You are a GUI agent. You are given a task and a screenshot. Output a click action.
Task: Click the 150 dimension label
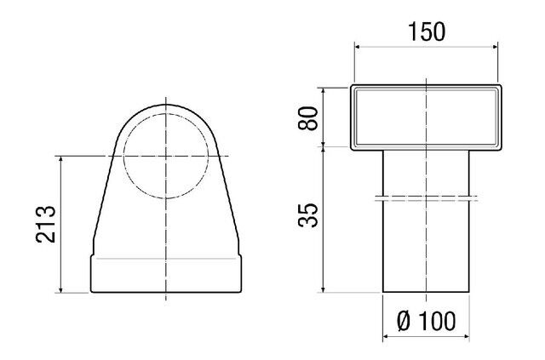tap(427, 31)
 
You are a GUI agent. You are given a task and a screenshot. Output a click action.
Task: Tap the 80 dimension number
tap(308, 118)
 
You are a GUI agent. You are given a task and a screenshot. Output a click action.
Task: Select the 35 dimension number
tap(308, 215)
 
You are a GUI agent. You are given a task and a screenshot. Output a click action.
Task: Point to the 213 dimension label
tap(46, 224)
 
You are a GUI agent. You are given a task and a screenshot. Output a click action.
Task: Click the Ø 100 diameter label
tap(426, 321)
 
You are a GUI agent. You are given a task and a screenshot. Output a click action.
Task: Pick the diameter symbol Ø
tap(404, 321)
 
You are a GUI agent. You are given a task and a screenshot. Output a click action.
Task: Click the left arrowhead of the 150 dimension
tap(358, 48)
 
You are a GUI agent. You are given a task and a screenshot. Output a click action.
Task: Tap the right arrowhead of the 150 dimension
tap(495, 48)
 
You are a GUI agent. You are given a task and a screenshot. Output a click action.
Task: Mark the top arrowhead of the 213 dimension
tap(60, 159)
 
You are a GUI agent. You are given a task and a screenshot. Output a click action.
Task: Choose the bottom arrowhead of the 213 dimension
tap(60, 289)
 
